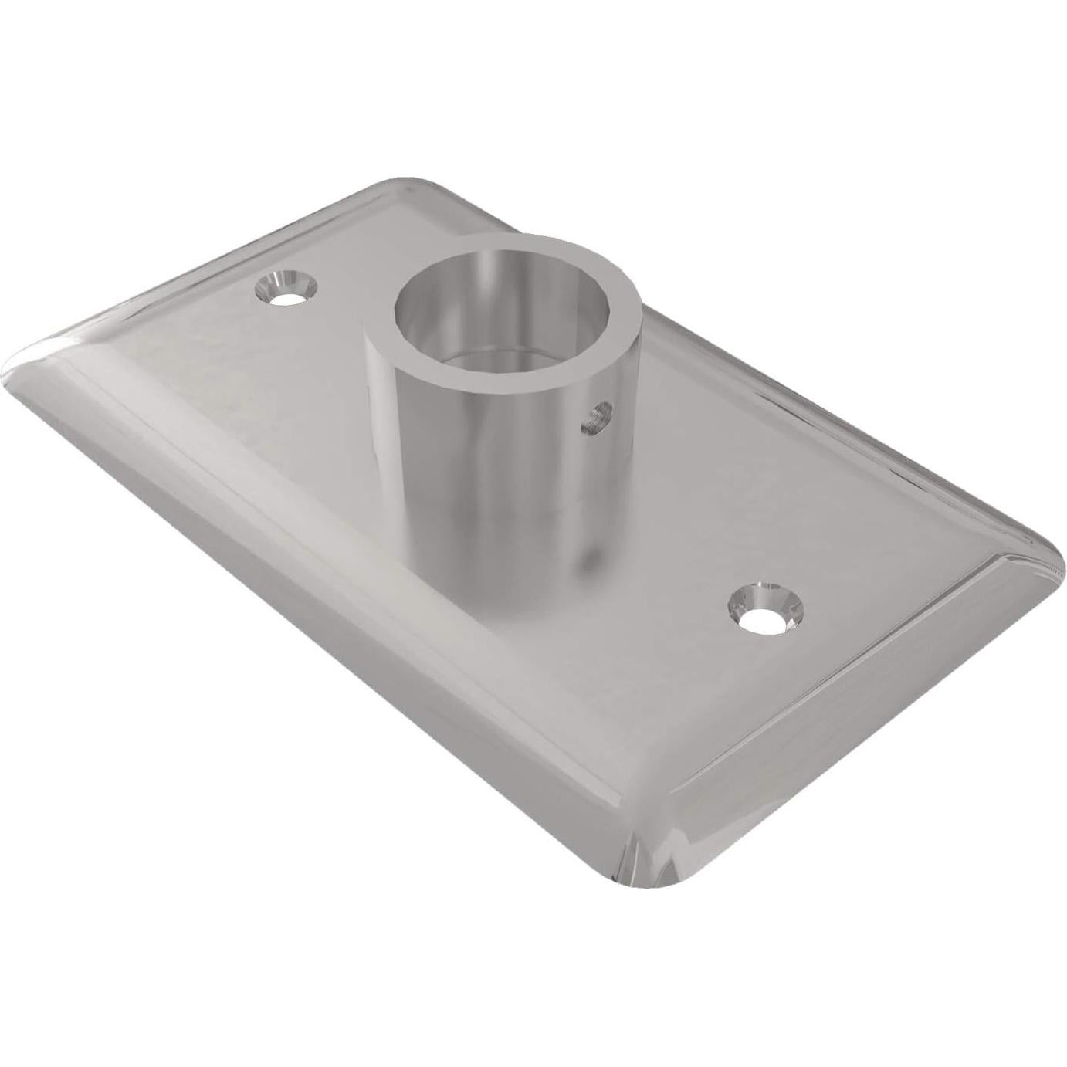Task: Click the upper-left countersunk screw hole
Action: coord(286,288)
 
